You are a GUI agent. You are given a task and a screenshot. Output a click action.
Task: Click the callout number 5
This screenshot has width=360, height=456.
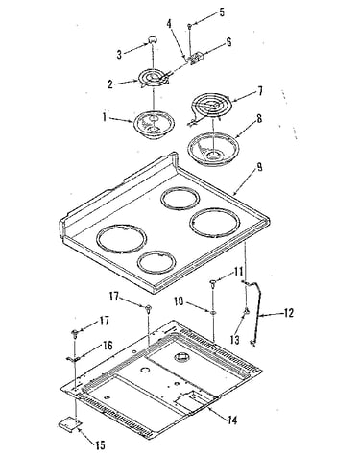[x=222, y=12]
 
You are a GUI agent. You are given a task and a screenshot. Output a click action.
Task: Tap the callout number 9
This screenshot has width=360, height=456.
[x=259, y=167]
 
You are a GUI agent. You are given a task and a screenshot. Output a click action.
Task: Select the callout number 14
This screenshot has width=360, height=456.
[x=232, y=420]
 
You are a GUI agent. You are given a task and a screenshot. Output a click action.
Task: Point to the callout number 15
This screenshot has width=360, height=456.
[x=100, y=445]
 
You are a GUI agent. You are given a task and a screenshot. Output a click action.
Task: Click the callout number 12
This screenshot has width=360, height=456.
[x=288, y=313]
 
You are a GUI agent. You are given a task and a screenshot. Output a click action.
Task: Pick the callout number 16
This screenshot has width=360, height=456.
[x=108, y=346]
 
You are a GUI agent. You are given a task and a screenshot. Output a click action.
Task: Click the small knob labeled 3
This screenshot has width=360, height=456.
[x=153, y=40]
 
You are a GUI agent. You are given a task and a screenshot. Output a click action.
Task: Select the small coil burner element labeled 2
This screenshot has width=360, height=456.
[x=154, y=78]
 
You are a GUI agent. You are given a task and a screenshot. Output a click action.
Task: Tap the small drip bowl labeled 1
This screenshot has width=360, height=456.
[x=155, y=125]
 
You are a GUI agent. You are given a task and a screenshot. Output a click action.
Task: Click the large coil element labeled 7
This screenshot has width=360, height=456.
[x=209, y=108]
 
